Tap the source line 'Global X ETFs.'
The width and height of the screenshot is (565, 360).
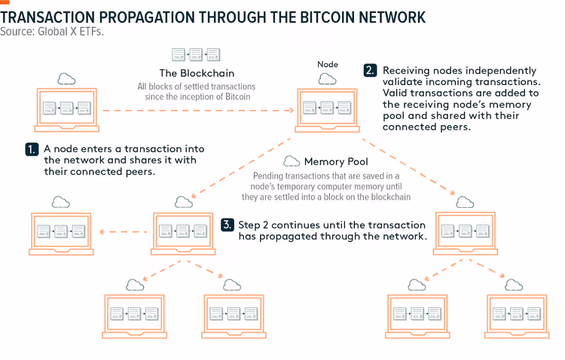[x=71, y=32]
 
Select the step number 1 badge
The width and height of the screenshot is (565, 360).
[x=32, y=149]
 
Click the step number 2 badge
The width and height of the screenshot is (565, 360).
[x=371, y=70]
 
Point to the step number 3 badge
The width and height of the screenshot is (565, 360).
[x=228, y=225]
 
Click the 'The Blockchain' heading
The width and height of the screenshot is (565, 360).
[x=197, y=73]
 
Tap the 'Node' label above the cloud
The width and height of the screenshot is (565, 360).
[x=328, y=65]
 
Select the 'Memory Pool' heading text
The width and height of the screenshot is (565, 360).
[x=336, y=161]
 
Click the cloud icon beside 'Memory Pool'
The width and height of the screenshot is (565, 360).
[x=292, y=161]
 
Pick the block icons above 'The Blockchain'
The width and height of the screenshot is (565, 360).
[x=196, y=54]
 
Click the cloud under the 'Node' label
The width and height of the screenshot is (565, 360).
[x=327, y=79]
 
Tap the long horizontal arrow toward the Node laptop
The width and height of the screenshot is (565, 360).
[x=198, y=110]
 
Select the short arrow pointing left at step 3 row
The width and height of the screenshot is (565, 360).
[x=124, y=232]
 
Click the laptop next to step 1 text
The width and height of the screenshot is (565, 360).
[x=66, y=110]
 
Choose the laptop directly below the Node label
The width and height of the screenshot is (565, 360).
[x=327, y=110]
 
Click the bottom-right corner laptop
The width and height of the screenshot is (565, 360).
[x=517, y=316]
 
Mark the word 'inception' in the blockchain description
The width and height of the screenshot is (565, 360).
[x=201, y=97]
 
